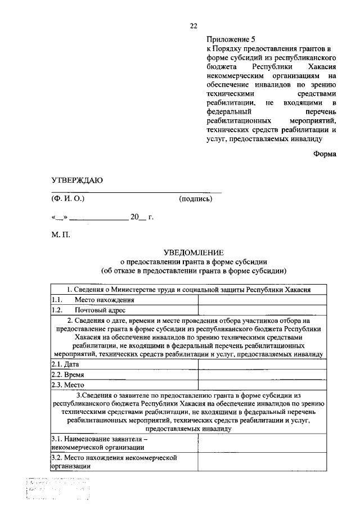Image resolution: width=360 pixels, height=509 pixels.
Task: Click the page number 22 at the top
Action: click(193, 26)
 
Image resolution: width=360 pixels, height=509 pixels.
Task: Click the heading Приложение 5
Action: click(231, 39)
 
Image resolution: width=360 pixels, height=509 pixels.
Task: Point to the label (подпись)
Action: click(195, 199)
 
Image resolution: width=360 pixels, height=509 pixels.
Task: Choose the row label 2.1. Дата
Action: click(65, 364)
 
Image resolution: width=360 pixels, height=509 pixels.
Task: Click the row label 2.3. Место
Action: click(67, 385)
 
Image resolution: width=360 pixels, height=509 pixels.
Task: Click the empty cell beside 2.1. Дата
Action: click(262, 364)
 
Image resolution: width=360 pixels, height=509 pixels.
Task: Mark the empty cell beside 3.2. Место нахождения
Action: click(262, 462)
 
